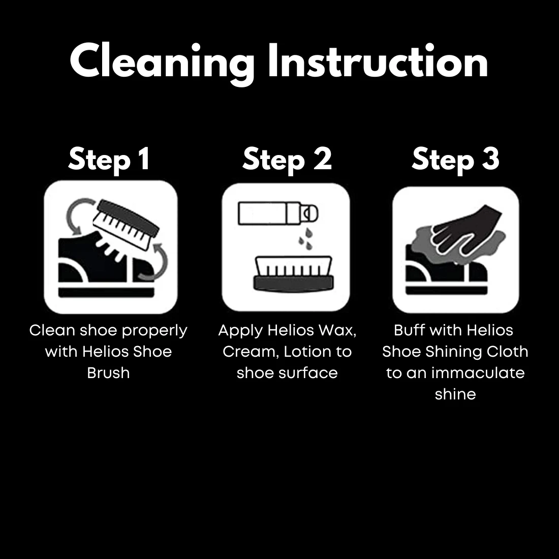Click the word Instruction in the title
click(378, 62)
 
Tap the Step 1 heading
click(109, 159)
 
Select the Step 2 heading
click(287, 159)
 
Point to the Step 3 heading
click(455, 159)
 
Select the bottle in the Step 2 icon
click(277, 213)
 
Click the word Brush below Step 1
click(108, 373)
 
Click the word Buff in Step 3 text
click(409, 330)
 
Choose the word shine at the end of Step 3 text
click(455, 394)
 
